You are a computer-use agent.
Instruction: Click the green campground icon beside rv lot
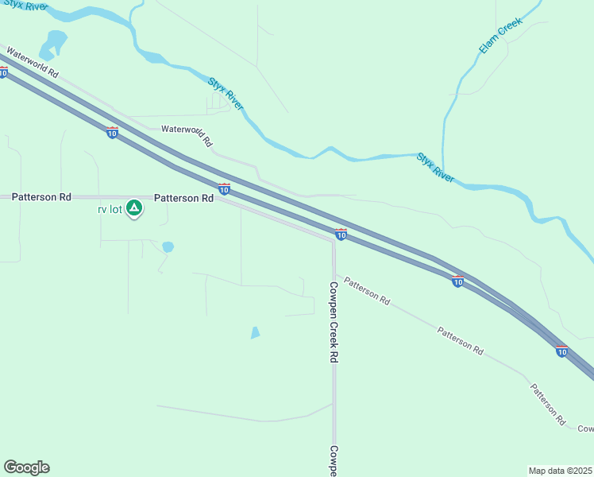pyautogui.click(x=135, y=208)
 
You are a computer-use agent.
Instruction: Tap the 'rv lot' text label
pyautogui.click(x=110, y=209)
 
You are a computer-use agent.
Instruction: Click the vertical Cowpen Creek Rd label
pyautogui.click(x=334, y=321)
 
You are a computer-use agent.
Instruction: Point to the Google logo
pyautogui.click(x=26, y=467)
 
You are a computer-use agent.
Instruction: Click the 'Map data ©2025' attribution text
pyautogui.click(x=560, y=470)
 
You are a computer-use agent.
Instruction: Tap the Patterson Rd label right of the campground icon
pyautogui.click(x=183, y=197)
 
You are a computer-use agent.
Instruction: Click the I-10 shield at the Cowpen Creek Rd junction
pyautogui.click(x=341, y=235)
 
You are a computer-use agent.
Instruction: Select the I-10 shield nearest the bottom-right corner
pyautogui.click(x=561, y=351)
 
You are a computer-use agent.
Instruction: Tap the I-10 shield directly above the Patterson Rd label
pyautogui.click(x=225, y=188)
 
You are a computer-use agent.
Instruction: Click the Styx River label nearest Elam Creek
pyautogui.click(x=435, y=168)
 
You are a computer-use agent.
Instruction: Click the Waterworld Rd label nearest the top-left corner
pyautogui.click(x=33, y=62)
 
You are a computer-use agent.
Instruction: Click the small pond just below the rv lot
pyautogui.click(x=168, y=247)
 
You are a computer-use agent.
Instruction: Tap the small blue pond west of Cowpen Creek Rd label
pyautogui.click(x=255, y=333)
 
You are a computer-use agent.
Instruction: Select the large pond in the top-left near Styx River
pyautogui.click(x=54, y=43)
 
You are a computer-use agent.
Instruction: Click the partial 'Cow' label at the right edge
pyautogui.click(x=585, y=429)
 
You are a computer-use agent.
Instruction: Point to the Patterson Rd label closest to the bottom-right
pyautogui.click(x=548, y=403)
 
